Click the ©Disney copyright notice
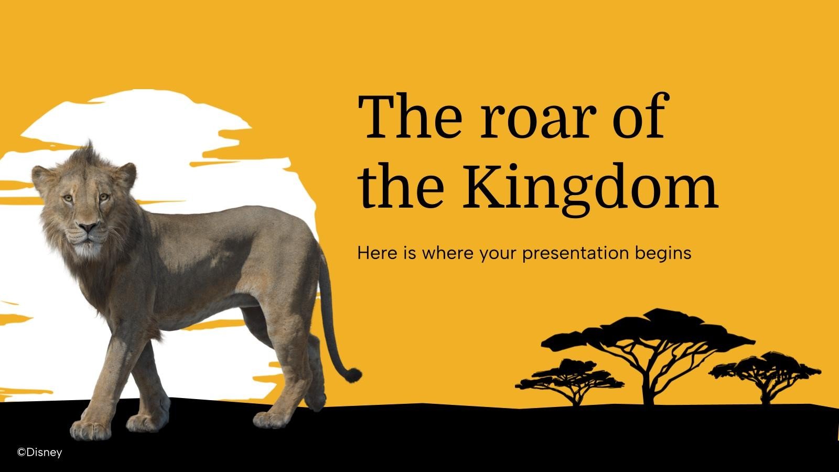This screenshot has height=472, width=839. point(40,452)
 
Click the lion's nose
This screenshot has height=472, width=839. point(88,228)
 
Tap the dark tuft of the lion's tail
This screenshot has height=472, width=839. point(354,374)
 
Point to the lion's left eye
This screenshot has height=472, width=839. point(104,197)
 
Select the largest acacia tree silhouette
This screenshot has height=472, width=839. point(648,346)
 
